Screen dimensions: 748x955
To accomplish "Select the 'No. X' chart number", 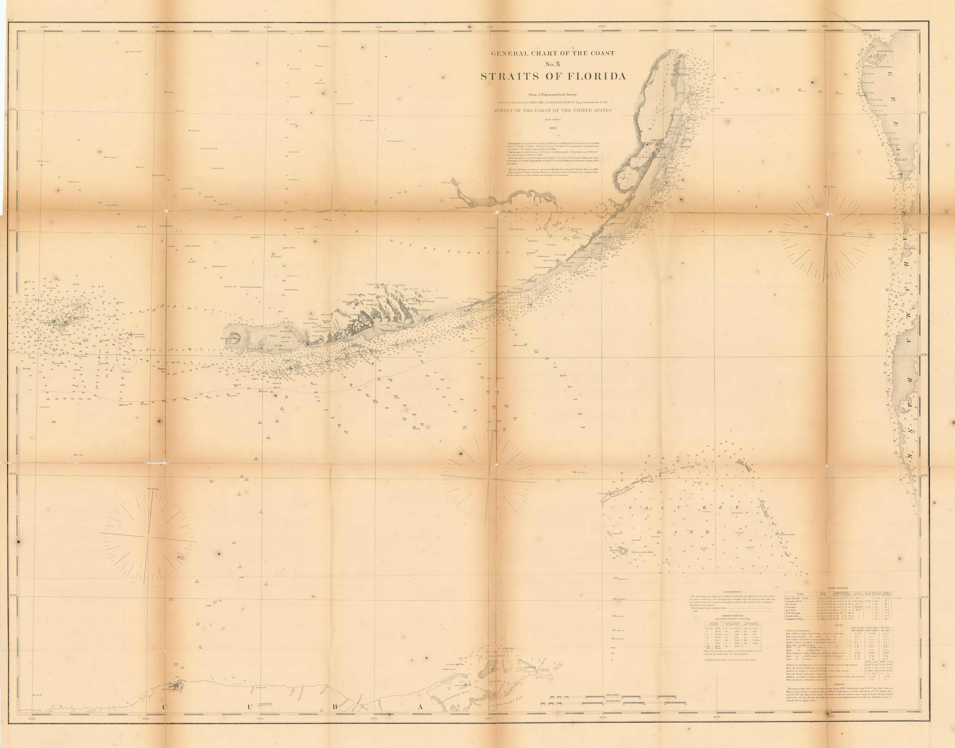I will pyautogui.click(x=553, y=64).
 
